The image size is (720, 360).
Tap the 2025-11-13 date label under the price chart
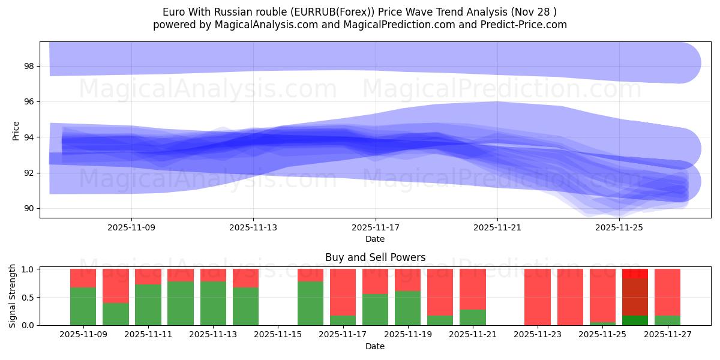coord(253,227)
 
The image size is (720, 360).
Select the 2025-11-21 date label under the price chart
coord(497,227)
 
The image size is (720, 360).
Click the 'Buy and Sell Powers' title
coord(375,257)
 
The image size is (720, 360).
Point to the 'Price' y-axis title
coord(16,131)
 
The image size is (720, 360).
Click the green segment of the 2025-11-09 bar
coord(83,306)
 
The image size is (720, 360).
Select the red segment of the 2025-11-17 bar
coord(343,292)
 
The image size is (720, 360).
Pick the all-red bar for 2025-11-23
coord(538,297)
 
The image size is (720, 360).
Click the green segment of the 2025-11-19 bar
coord(407,308)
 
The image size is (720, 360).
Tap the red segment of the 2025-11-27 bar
coord(667,292)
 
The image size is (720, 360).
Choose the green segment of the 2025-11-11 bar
coord(148,304)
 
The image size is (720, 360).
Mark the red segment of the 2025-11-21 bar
coord(473,289)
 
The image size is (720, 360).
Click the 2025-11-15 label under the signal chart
coord(278,335)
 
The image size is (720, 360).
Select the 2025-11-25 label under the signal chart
coord(602,335)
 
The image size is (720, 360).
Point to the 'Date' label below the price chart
coord(375,239)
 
